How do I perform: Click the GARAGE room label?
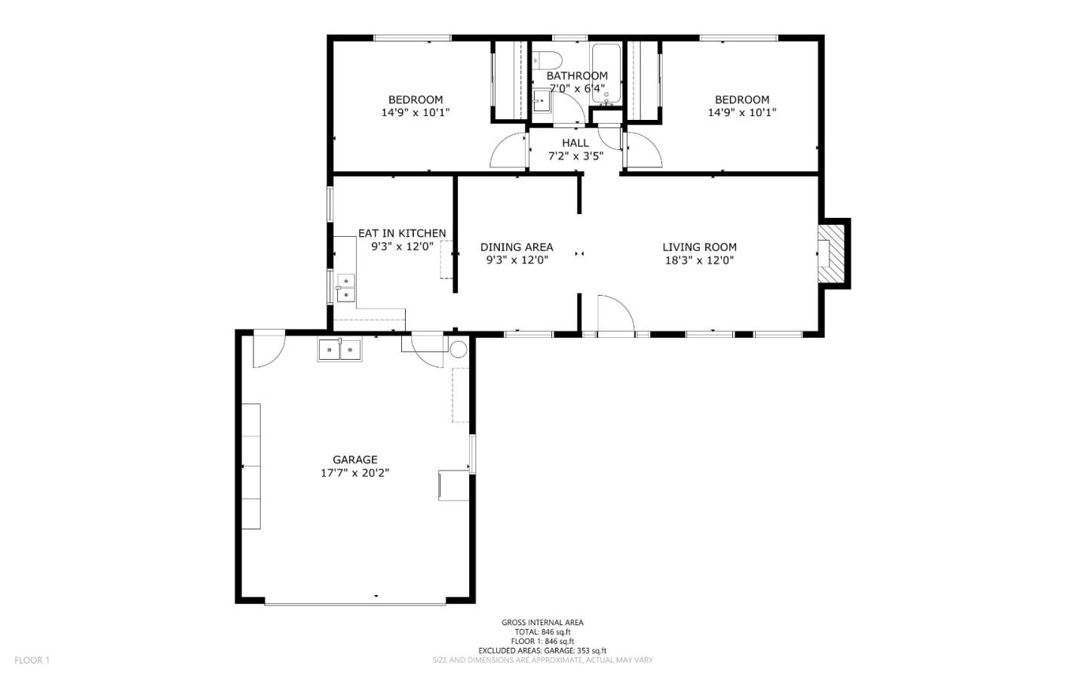coord(355,459)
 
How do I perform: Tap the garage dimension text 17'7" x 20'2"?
coord(355,473)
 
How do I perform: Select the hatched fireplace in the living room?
coord(833,253)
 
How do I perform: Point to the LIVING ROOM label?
coord(699,247)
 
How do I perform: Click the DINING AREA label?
coord(517,247)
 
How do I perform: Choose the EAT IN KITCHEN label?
coord(402,233)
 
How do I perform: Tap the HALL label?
coord(575,143)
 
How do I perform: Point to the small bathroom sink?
coord(541,101)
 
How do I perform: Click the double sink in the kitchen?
coord(345,287)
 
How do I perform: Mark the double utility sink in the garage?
coord(340,350)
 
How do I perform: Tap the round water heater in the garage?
coord(459,349)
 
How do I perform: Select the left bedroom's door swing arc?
coord(509,150)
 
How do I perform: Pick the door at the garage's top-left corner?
coord(268,349)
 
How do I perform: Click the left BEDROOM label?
coord(416,100)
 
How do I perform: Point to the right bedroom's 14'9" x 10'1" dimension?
coord(742,112)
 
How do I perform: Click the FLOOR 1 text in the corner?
coord(32,660)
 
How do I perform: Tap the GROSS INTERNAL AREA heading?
coord(542,622)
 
